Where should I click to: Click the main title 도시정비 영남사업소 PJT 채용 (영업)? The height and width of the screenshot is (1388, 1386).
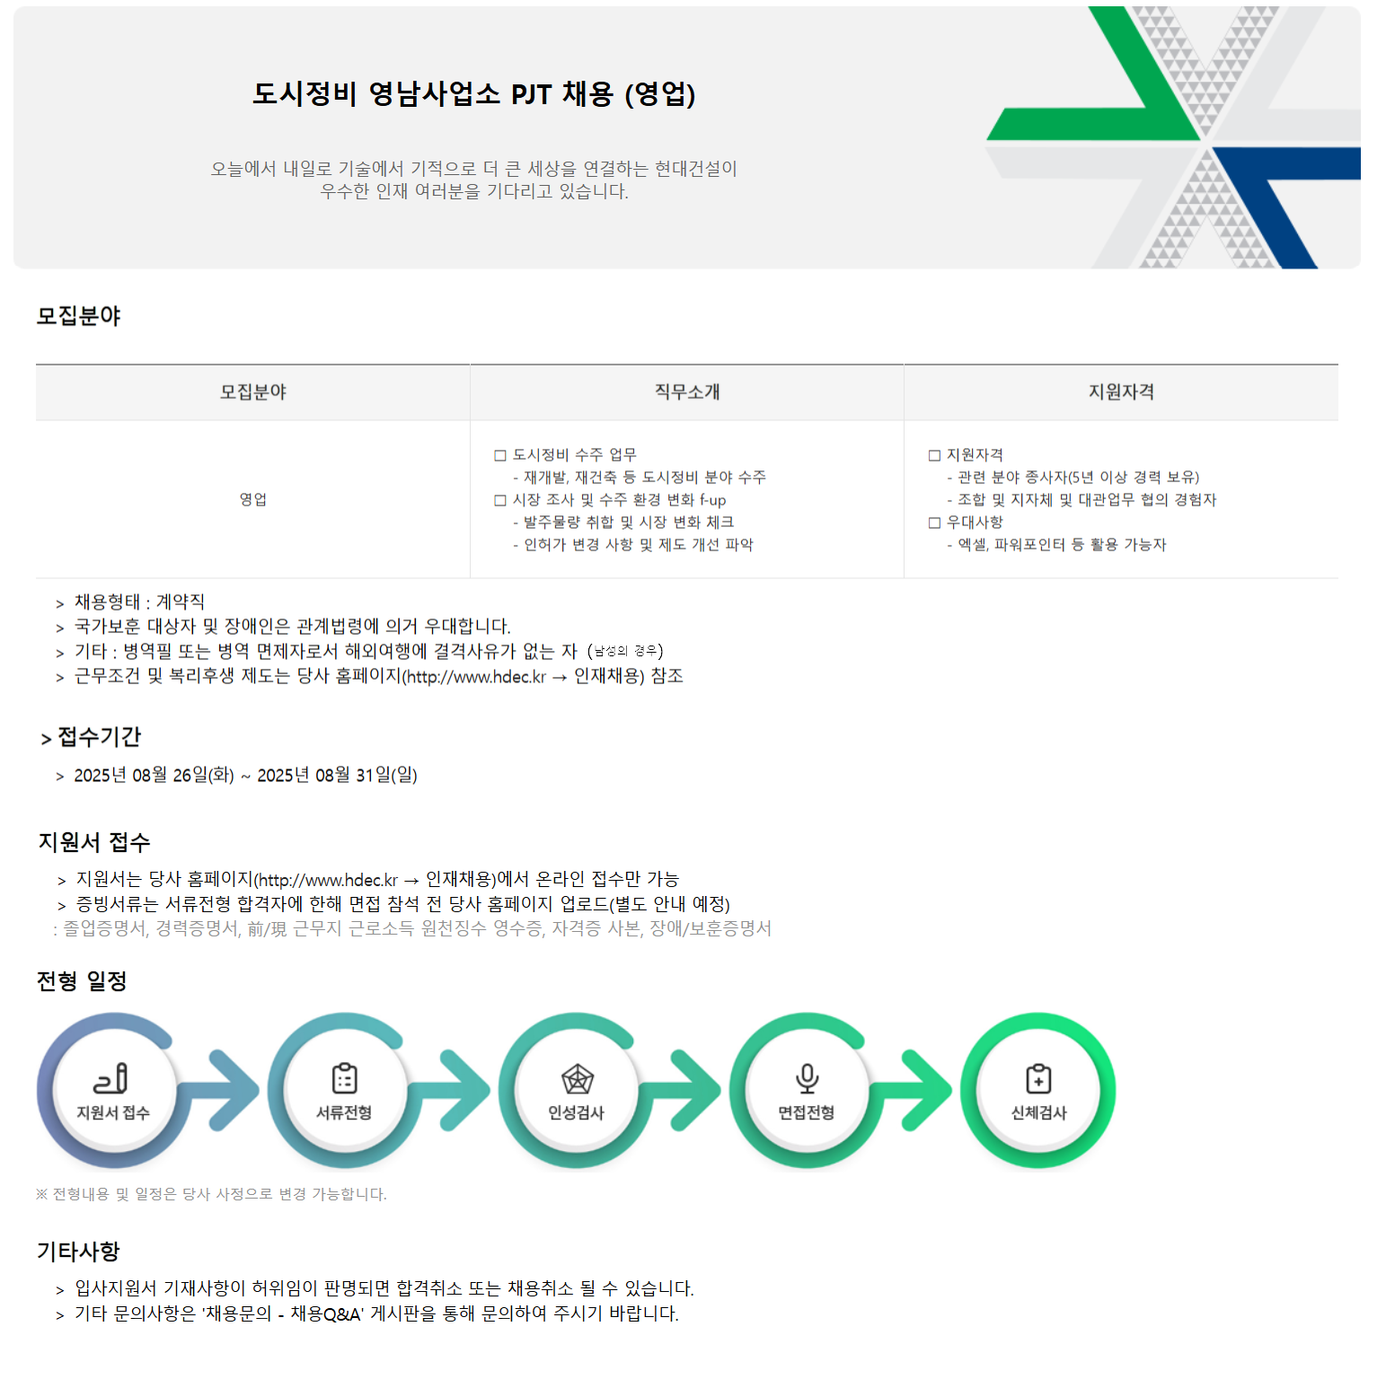474,93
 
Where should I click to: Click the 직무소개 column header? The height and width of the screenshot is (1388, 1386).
687,391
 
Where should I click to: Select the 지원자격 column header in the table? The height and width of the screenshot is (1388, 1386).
1121,391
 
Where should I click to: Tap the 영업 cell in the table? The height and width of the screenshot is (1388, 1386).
253,499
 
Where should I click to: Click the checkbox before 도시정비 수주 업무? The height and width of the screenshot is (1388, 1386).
500,455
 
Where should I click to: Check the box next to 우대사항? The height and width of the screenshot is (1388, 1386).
934,523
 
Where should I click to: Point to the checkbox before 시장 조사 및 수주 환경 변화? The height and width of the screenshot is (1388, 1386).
500,500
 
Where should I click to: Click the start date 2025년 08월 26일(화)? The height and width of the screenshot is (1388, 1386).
154,775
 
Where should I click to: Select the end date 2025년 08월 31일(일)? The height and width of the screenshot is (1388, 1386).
337,775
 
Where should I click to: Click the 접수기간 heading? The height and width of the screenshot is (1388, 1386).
99,737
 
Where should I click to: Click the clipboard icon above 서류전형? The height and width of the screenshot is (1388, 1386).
344,1077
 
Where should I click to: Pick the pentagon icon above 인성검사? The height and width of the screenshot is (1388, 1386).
577,1078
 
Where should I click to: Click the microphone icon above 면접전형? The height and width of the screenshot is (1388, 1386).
807,1077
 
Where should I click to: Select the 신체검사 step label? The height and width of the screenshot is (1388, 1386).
1038,1112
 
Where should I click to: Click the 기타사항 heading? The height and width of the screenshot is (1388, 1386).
78,1251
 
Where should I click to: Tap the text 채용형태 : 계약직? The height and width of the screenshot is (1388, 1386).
139,602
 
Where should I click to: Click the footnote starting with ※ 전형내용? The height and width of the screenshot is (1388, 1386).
211,1194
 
